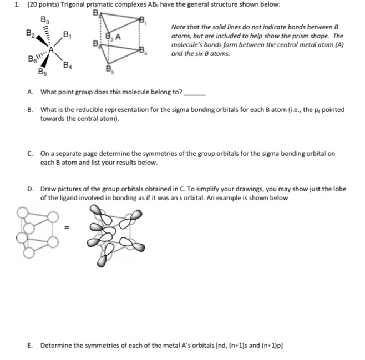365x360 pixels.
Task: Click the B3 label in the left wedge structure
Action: tap(45, 20)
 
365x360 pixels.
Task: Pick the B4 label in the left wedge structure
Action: tap(67, 67)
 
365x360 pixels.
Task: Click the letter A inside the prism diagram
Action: tap(118, 38)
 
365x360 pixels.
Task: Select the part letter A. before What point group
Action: tap(29, 92)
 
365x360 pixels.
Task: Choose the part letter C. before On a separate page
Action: tap(29, 153)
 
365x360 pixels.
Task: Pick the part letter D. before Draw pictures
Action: tap(29, 189)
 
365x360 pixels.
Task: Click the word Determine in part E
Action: tap(57, 345)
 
